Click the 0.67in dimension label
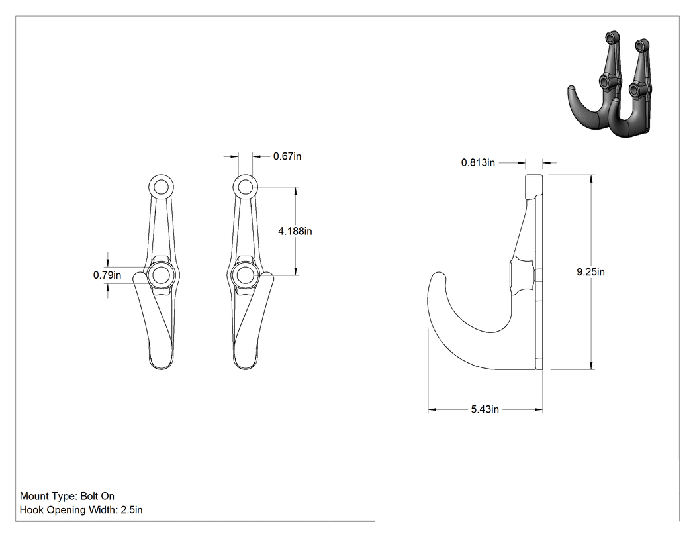[287, 156]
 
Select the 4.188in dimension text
[295, 231]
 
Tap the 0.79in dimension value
[107, 275]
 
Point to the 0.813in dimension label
[478, 162]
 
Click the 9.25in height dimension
[590, 272]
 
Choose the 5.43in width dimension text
[485, 409]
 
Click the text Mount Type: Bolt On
[67, 496]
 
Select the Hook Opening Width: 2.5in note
[81, 510]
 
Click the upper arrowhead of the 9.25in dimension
[591, 179]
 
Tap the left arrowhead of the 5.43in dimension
[432, 409]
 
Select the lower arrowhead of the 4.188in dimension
[296, 271]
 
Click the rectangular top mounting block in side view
[534, 186]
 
